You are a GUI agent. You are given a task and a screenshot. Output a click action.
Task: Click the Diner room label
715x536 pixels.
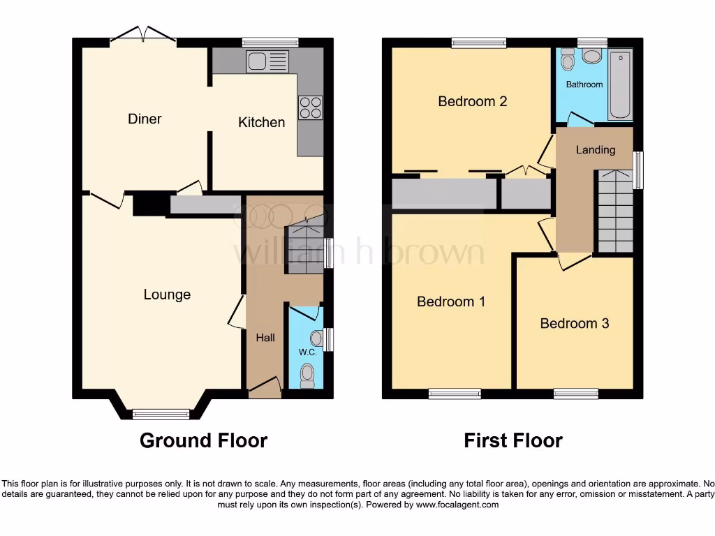tap(145, 119)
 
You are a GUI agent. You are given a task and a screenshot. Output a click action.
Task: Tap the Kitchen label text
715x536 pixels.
tap(261, 122)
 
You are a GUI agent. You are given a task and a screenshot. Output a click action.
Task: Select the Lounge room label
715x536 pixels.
tap(167, 295)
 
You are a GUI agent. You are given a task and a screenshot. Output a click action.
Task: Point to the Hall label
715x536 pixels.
tap(265, 338)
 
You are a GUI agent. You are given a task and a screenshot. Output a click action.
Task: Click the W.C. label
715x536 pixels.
tap(308, 352)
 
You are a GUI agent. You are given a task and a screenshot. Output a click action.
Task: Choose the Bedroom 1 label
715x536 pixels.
tap(450, 301)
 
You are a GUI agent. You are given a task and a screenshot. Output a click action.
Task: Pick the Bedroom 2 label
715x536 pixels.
tap(472, 101)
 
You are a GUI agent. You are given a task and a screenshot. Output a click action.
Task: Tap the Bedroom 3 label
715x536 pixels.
tap(574, 323)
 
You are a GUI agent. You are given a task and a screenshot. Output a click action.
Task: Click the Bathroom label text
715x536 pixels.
tap(584, 84)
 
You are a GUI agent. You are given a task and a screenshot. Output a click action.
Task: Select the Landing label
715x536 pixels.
tap(595, 149)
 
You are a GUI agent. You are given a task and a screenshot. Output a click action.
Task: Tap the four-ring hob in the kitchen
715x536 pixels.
tap(311, 107)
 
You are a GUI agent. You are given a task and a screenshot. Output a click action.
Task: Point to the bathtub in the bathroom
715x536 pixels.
tap(620, 84)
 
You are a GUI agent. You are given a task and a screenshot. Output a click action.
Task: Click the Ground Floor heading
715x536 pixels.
tap(203, 440)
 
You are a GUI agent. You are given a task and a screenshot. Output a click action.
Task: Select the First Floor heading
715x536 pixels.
tap(513, 440)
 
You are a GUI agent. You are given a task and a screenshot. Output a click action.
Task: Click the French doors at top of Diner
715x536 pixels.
tap(142, 36)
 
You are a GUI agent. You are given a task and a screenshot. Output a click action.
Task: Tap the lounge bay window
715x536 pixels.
tap(161, 414)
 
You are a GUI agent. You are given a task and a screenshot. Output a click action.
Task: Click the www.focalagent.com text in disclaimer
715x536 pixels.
tap(457, 505)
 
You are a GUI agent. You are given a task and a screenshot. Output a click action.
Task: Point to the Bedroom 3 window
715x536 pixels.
tap(575, 394)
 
